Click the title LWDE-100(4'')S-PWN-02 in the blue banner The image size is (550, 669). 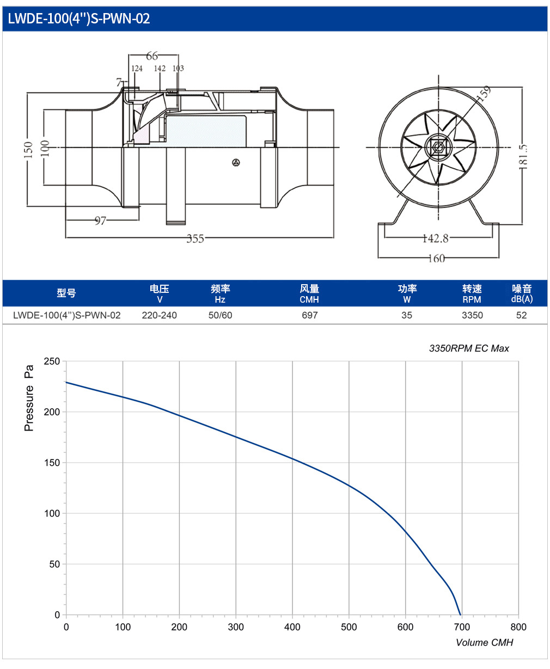pos(79,19)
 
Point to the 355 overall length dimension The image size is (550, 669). pos(195,238)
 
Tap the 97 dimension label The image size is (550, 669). pos(100,220)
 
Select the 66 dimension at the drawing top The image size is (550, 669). pos(152,56)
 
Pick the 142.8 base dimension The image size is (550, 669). pos(436,238)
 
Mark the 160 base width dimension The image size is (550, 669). pos(437,259)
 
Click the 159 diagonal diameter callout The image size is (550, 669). pos(484,93)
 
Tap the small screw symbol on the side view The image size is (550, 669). pos(236,163)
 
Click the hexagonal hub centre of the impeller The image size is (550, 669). pos(438,147)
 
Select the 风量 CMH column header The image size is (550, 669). pos(309,293)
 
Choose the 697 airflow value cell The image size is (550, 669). pos(310,315)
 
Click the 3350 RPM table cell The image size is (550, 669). pos(472,315)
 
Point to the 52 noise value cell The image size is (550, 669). pos(522,315)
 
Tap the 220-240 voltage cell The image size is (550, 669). pos(160,315)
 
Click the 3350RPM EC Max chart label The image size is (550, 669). pos(469,348)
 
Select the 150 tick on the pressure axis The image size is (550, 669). pos(52,463)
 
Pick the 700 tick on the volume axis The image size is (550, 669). pos(462,627)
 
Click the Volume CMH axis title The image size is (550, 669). pos(484,642)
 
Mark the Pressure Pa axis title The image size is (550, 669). pos(29,398)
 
